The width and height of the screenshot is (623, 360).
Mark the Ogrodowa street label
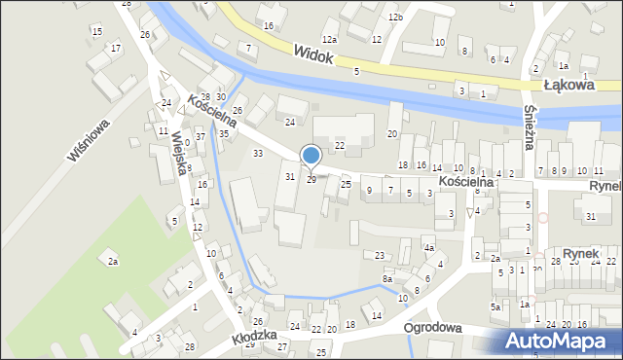pos(447,328)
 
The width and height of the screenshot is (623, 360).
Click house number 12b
pos(394,18)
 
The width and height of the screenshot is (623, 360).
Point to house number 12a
pos(330,39)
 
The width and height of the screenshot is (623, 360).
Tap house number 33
pos(258,154)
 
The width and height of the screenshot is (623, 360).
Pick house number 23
pos(381,255)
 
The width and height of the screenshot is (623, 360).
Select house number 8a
pos(386,279)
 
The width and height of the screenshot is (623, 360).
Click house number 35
pos(223,133)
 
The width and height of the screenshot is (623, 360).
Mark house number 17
pos(116,48)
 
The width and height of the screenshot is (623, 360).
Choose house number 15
pos(96,32)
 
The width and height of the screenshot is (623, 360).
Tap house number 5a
pos(495,307)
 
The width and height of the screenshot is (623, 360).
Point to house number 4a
pos(428,248)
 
